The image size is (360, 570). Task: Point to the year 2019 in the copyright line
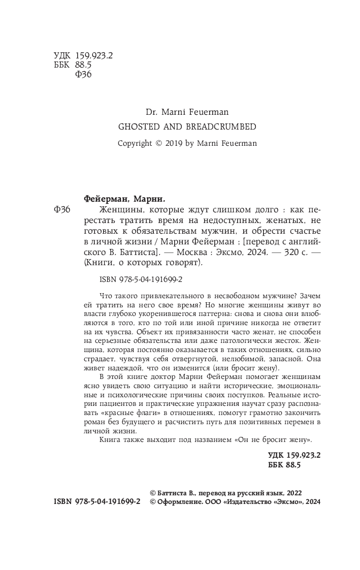click(x=174, y=143)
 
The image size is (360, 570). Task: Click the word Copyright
click(x=135, y=143)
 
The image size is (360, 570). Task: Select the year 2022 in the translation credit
click(x=297, y=493)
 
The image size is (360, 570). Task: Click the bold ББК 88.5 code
click(x=284, y=464)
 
